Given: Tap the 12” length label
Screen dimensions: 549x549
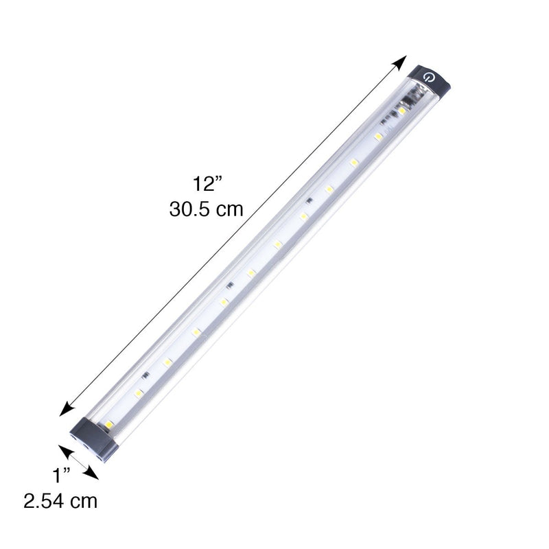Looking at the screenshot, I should coord(207,184).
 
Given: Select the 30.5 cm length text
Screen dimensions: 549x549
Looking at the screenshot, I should coord(207,209).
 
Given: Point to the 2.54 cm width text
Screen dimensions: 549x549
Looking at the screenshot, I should coord(60,501).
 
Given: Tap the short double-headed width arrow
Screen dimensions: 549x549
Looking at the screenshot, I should coord(78,460).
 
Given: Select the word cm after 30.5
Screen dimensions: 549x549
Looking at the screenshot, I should coord(229,209).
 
